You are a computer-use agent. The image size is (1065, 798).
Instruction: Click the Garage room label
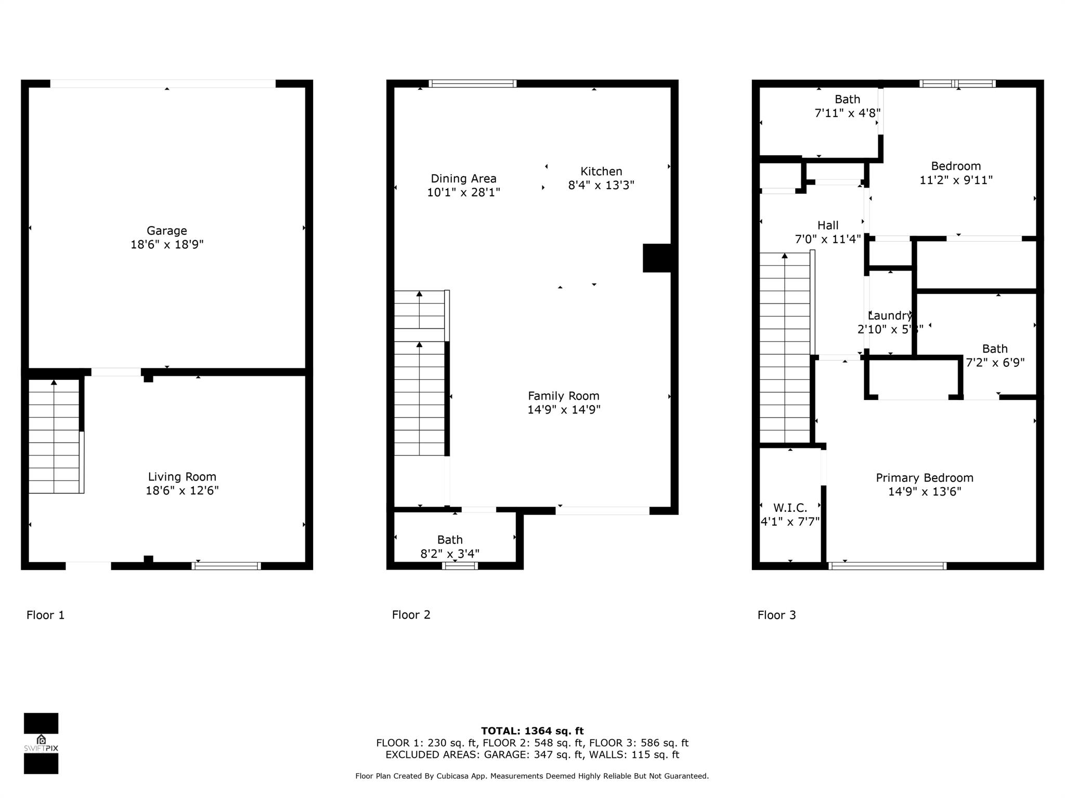coord(166,231)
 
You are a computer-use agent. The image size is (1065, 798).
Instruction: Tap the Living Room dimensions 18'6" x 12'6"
coord(182,490)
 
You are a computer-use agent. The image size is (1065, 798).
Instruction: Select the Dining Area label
coord(463,179)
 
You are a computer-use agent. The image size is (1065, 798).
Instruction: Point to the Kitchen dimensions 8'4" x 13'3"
coord(601,185)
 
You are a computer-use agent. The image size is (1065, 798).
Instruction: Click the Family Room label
coord(564,396)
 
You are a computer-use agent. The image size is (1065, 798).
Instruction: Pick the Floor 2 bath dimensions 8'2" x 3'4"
coord(450,554)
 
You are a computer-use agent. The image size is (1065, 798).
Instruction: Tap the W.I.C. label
coord(790,508)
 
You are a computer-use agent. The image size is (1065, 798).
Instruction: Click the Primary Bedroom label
coord(924,478)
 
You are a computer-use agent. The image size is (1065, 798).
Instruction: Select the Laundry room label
coord(890,316)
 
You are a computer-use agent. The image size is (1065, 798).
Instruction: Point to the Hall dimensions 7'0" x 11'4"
coord(827,240)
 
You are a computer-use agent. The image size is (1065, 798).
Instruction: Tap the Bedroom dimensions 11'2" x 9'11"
coord(956,180)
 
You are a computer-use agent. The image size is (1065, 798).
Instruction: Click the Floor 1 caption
coord(46,615)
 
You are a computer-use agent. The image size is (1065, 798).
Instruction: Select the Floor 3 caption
coord(776,615)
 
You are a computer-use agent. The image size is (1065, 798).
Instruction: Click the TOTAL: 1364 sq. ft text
coord(532,731)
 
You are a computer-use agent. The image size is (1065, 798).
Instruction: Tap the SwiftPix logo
coord(41,743)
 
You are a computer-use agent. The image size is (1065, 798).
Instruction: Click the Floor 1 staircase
coord(54,436)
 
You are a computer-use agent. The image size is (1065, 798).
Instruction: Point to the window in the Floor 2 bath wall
coord(460,566)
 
